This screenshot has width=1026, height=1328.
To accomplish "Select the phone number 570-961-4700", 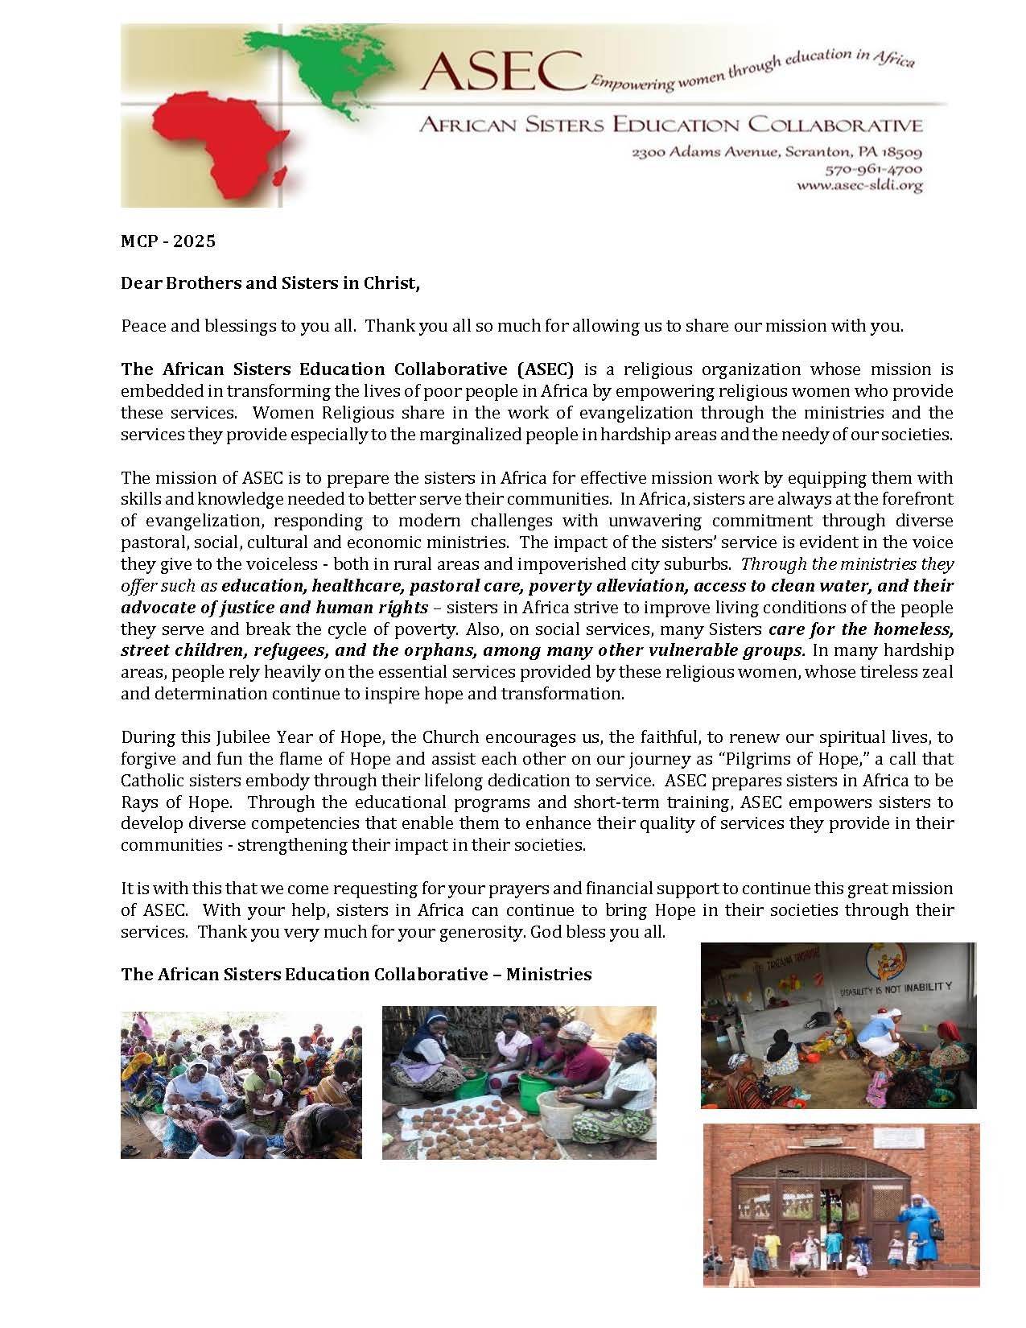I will [x=874, y=169].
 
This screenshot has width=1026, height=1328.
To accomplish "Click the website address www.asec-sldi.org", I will [x=859, y=185].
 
